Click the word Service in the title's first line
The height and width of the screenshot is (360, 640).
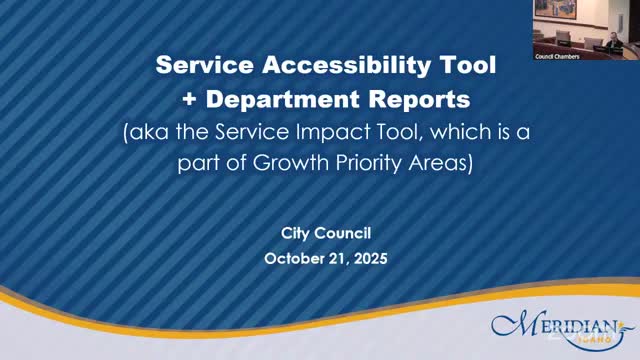(x=198, y=67)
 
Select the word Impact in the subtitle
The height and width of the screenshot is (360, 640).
(x=330, y=133)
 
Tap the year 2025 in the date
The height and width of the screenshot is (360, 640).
(x=369, y=257)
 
